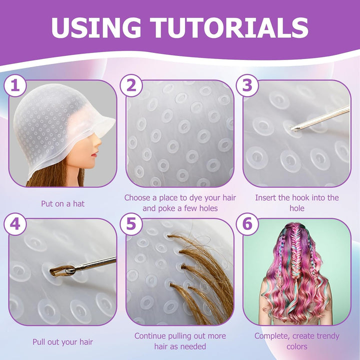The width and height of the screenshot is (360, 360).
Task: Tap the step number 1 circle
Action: tap(15, 86)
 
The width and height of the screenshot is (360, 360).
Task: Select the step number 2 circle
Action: tap(131, 86)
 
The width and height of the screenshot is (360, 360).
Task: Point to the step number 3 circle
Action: tap(247, 86)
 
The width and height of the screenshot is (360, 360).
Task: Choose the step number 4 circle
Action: tap(15, 224)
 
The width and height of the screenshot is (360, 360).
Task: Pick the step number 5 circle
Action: tap(131, 224)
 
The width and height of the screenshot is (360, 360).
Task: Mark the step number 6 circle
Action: tap(247, 224)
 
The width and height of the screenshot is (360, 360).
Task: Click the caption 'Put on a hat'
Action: tap(62, 203)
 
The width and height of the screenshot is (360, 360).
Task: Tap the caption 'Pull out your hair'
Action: tap(62, 342)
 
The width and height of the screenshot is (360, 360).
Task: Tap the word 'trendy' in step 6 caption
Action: tap(328, 336)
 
